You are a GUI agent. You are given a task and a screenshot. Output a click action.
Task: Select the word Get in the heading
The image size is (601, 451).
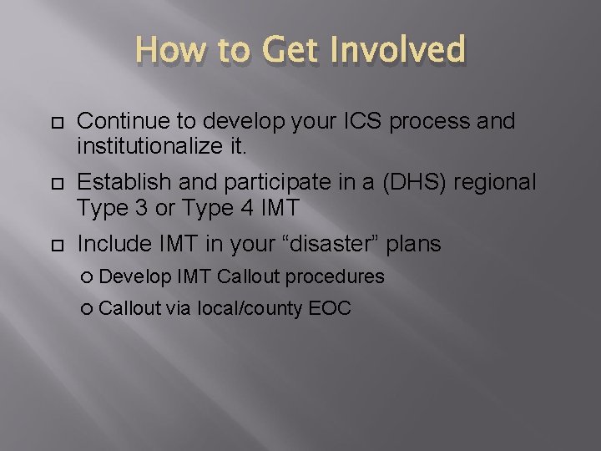pos(286,51)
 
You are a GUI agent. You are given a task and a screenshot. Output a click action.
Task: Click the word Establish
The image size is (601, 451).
pos(114,183)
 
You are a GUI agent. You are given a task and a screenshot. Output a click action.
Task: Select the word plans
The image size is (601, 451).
pos(413,244)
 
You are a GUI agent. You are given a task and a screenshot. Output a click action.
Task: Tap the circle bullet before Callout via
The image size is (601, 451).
pos(90,309)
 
